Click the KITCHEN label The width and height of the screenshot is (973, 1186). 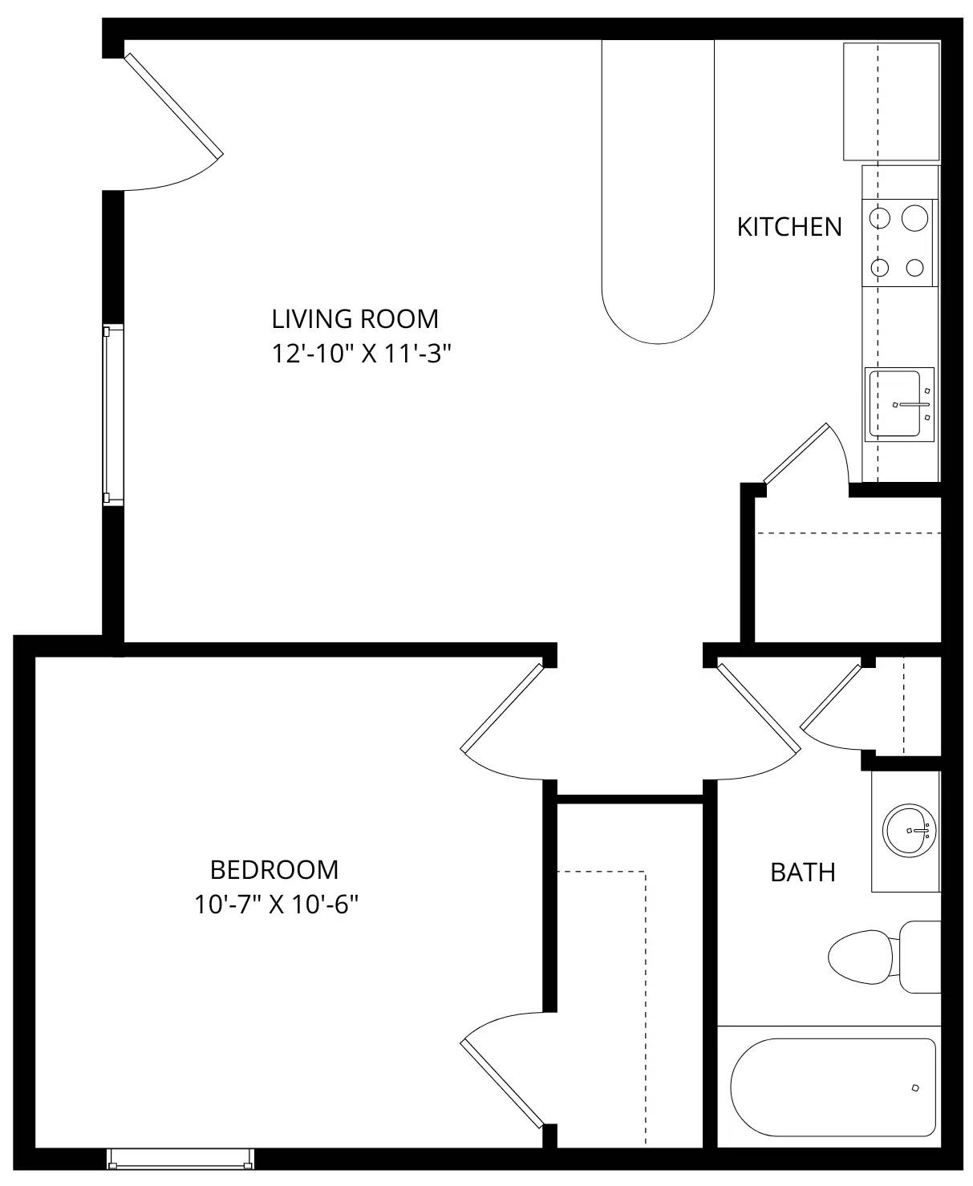789,227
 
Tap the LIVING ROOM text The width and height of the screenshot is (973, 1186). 355,319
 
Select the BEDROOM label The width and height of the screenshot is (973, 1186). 274,869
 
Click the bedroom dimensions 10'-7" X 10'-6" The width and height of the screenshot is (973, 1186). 275,905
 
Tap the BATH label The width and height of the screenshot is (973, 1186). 803,872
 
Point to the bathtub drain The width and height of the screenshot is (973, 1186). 914,1088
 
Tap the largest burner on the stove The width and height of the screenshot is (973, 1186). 914,218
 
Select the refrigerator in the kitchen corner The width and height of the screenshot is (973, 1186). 891,102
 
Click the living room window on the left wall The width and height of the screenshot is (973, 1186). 112,415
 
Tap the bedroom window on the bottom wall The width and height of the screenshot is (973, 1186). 180,1159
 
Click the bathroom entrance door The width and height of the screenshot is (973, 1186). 759,706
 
